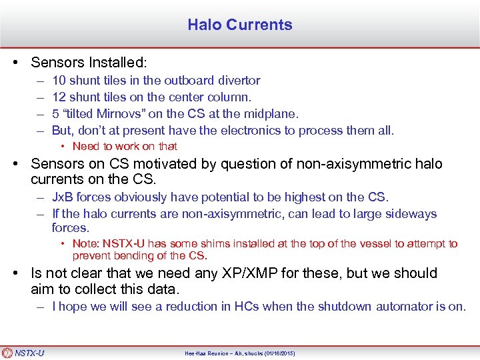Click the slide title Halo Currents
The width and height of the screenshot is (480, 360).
(x=240, y=25)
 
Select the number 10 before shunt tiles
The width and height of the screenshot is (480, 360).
(x=59, y=81)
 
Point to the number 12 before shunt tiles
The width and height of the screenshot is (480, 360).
(x=59, y=97)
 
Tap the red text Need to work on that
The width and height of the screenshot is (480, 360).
(x=125, y=146)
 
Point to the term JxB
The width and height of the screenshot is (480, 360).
(x=61, y=197)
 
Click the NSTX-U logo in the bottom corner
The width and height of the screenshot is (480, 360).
(x=23, y=353)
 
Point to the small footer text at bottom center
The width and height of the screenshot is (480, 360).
(x=240, y=353)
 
